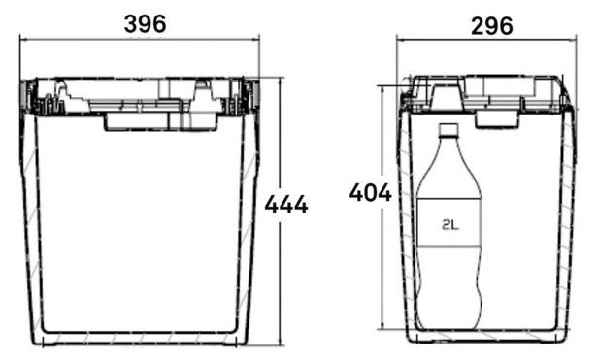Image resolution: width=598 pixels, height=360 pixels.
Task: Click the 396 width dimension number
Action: click(x=146, y=23)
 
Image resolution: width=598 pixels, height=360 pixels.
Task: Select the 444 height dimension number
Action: click(x=286, y=205)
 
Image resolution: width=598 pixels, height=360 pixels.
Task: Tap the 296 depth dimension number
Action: click(x=492, y=26)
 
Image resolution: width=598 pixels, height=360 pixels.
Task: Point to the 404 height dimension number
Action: click(x=370, y=192)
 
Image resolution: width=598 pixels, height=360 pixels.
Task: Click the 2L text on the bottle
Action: click(x=450, y=225)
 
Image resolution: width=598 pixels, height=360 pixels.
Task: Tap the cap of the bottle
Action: click(x=448, y=130)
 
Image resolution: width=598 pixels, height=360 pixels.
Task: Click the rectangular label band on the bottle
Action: click(x=448, y=222)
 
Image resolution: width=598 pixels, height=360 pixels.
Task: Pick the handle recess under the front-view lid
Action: click(x=160, y=121)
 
